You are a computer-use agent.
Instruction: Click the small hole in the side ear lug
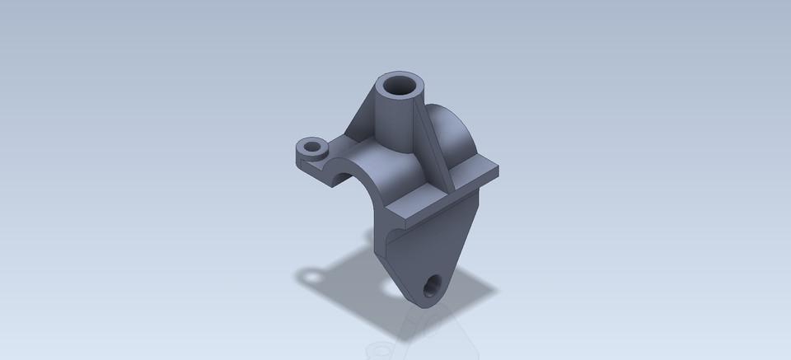[x=313, y=149]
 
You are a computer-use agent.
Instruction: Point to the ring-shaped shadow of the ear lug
[x=312, y=274]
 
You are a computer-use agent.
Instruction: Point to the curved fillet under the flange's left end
[x=388, y=244]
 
